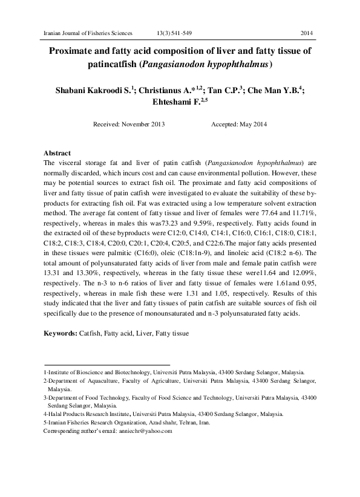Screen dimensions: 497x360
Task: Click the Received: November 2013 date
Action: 129,124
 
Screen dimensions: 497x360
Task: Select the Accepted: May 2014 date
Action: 238,124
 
